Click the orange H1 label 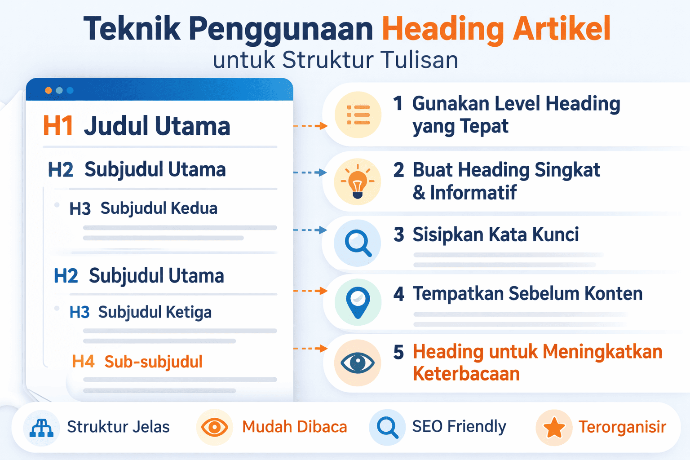click(x=58, y=126)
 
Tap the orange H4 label click(x=83, y=362)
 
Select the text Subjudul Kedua click(x=159, y=208)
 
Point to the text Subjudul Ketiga click(x=155, y=312)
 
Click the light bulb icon click(x=358, y=182)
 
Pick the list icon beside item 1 click(x=358, y=115)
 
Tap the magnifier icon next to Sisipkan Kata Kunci click(x=358, y=243)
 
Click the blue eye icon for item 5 click(x=358, y=363)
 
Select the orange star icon click(x=554, y=428)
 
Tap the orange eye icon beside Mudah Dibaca click(x=214, y=427)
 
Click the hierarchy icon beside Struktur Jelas click(x=41, y=428)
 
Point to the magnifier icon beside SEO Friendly click(x=387, y=427)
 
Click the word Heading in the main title click(x=443, y=29)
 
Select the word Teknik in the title click(x=132, y=29)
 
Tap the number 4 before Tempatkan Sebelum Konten click(x=398, y=294)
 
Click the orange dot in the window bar click(x=49, y=90)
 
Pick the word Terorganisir click(x=622, y=427)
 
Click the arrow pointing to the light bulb click(x=310, y=172)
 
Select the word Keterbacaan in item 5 click(x=466, y=374)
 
